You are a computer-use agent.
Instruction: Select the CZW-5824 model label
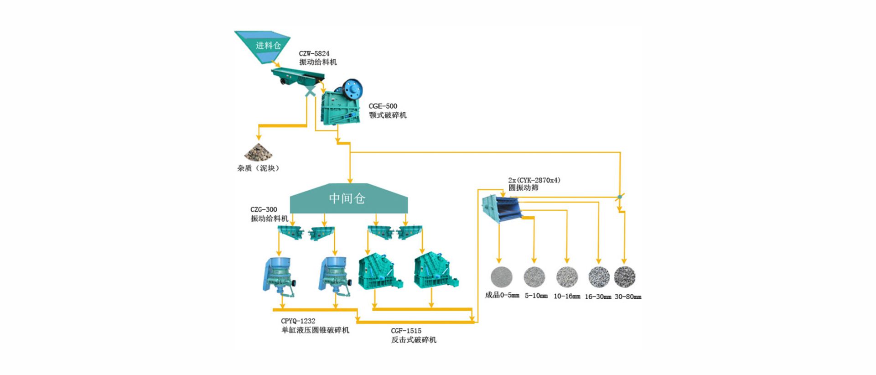[314, 53]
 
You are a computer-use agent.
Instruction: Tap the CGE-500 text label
[383, 106]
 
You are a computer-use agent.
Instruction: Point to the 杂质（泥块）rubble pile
[258, 152]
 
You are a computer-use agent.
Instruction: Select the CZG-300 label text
[264, 210]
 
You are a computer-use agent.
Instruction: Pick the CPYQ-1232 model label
[298, 321]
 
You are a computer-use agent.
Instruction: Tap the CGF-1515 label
[406, 331]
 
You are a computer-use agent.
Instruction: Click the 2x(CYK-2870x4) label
[534, 180]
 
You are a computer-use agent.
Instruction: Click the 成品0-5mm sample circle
[501, 276]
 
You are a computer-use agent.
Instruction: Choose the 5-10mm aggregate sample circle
[534, 276]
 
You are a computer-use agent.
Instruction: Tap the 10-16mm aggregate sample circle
[567, 277]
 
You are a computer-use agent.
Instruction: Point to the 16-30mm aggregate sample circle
[599, 277]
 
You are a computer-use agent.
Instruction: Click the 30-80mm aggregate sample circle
[625, 277]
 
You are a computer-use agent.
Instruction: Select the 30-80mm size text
[627, 297]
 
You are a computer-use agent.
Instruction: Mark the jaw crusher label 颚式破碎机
[388, 115]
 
